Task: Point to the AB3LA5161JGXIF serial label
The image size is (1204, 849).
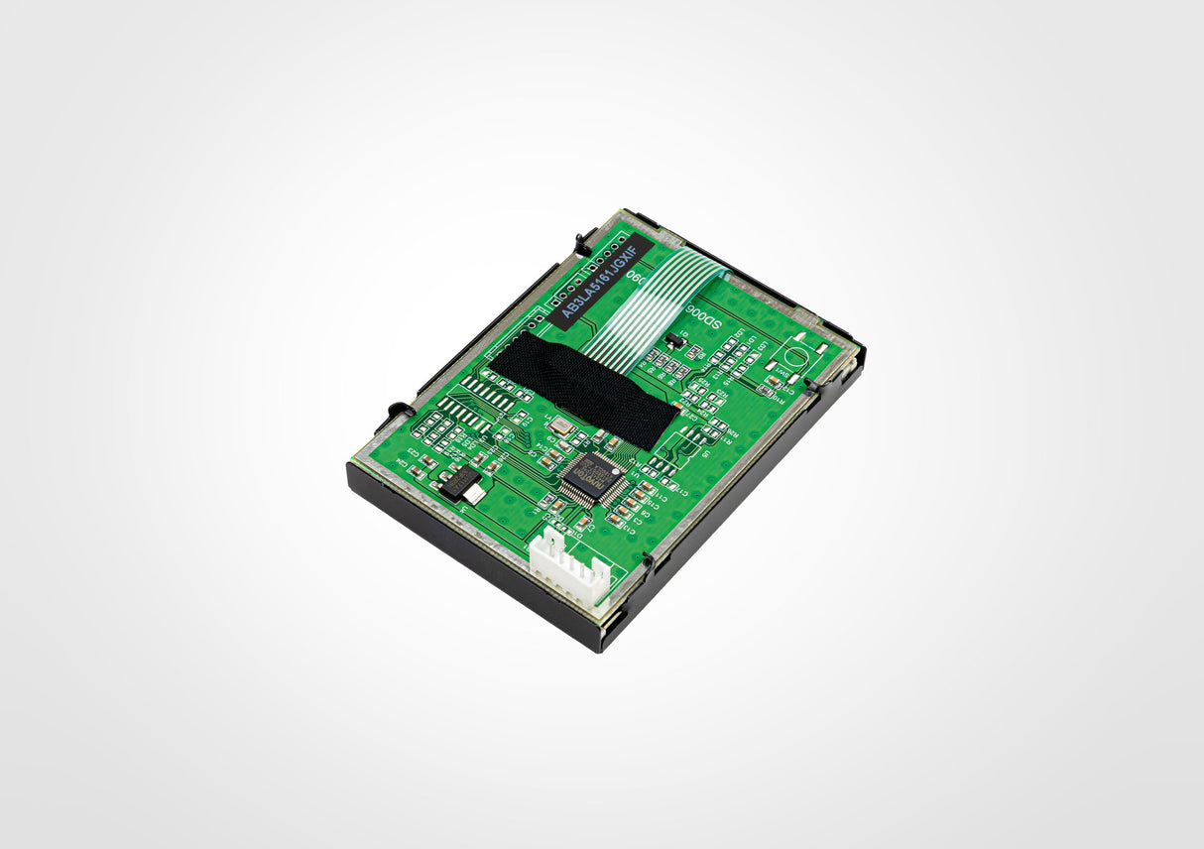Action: click(604, 281)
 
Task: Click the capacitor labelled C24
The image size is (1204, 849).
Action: click(404, 463)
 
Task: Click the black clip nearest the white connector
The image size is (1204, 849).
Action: click(648, 566)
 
